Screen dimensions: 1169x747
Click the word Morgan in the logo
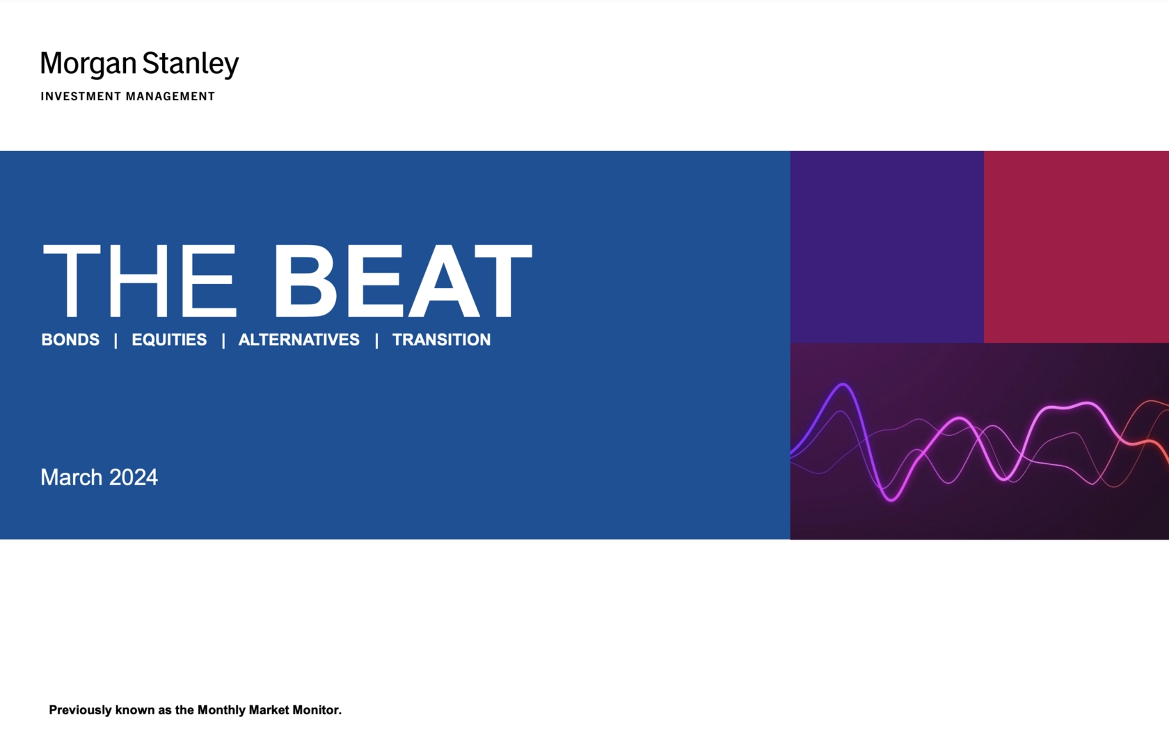[88, 64]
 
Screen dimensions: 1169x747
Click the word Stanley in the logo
[191, 64]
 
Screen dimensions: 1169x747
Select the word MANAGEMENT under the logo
[170, 97]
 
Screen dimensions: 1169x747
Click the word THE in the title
[139, 281]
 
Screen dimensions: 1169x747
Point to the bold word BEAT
[403, 281]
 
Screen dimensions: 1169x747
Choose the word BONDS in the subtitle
[70, 340]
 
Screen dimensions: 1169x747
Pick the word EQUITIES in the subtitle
[169, 340]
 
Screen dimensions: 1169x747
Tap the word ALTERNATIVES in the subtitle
[299, 340]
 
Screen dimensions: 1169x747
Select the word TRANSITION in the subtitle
[441, 340]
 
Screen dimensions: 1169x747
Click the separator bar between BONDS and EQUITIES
[116, 340]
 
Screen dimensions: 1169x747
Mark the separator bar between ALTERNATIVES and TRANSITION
[376, 340]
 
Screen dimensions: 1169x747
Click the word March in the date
[72, 477]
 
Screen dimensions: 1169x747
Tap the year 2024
[134, 477]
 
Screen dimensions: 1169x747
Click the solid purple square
[887, 247]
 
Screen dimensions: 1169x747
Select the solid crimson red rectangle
[1076, 247]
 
